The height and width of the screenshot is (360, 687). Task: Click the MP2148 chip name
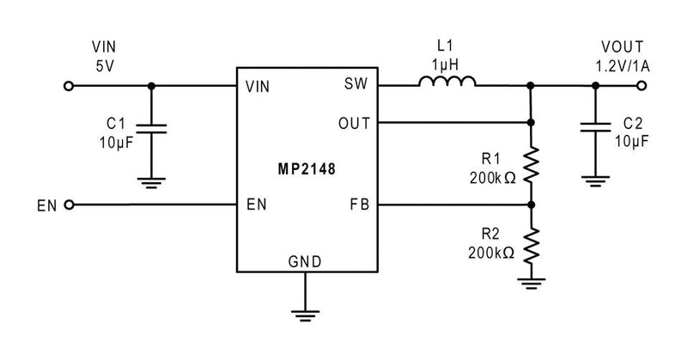point(307,169)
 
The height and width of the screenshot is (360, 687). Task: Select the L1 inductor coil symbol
point(447,82)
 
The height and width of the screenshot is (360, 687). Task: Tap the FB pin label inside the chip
point(360,205)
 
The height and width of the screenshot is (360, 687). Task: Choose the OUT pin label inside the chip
point(354,123)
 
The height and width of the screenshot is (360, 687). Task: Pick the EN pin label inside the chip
point(255,205)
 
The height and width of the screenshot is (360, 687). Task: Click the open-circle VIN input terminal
point(69,86)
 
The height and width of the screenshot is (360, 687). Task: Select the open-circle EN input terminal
point(69,205)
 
